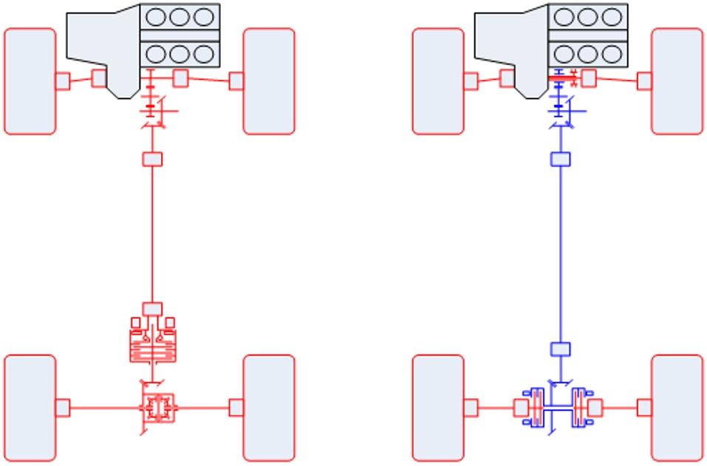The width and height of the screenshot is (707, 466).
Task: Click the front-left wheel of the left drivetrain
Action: (x=30, y=81)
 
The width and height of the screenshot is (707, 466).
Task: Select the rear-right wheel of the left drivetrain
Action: (x=269, y=407)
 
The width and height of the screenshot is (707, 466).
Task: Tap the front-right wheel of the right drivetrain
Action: (x=677, y=81)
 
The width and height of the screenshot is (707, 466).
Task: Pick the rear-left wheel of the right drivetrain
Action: (x=438, y=407)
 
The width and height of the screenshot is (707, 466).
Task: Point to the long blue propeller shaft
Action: (x=561, y=251)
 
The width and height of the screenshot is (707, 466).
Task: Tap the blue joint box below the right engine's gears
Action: (x=561, y=159)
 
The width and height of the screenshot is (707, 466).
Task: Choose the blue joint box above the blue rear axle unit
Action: (x=561, y=349)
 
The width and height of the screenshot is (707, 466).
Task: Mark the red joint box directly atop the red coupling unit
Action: (x=152, y=307)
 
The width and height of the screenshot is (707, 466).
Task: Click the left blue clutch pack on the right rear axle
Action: (x=535, y=407)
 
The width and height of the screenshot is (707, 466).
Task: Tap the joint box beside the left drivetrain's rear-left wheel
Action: (x=63, y=407)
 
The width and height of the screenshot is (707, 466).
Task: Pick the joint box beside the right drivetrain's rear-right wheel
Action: (x=644, y=407)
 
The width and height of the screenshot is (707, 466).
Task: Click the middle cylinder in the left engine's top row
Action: (x=180, y=16)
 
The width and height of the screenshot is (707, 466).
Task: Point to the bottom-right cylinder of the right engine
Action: (x=612, y=53)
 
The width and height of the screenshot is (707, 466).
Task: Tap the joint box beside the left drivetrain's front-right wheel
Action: (x=236, y=80)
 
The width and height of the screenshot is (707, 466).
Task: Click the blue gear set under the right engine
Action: (x=560, y=109)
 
